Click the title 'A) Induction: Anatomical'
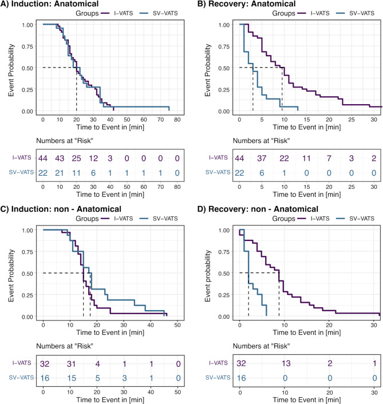[49, 4]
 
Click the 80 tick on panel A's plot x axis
[177, 120]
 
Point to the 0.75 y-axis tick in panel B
[224, 46]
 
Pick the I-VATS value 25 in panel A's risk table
[76, 158]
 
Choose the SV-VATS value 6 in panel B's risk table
[262, 173]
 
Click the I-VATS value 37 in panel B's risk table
[262, 158]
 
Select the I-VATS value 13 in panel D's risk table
[286, 363]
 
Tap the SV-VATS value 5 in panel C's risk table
[98, 378]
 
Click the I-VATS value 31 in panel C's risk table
[71, 364]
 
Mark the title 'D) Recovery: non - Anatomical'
[258, 209]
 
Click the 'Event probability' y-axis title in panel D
[208, 276]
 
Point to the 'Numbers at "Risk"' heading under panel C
[65, 346]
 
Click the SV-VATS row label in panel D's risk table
[218, 378]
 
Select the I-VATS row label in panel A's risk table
[22, 157]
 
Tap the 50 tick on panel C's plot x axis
[177, 325]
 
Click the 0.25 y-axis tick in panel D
[224, 295]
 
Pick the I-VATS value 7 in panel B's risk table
[329, 158]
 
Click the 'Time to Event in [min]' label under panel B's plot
[307, 127]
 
